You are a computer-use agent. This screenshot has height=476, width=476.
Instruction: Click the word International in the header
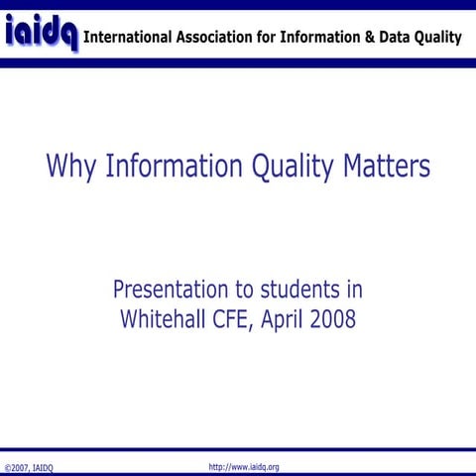coord(129,38)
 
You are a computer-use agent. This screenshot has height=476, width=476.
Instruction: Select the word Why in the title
coord(67,166)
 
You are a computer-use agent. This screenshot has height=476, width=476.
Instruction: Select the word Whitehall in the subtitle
coord(168,320)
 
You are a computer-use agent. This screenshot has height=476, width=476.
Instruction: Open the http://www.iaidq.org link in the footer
coord(244,466)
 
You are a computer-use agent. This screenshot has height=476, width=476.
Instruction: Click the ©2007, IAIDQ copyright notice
coord(30,467)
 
